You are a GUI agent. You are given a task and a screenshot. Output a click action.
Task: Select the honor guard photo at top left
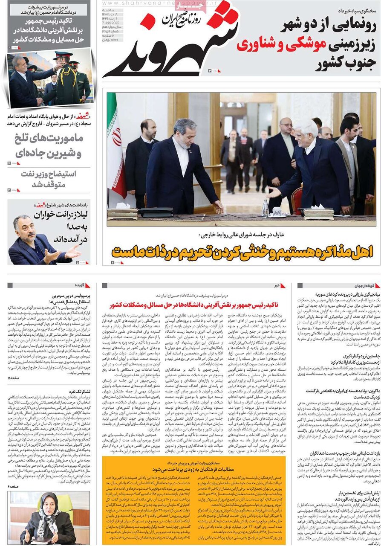(49, 78)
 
